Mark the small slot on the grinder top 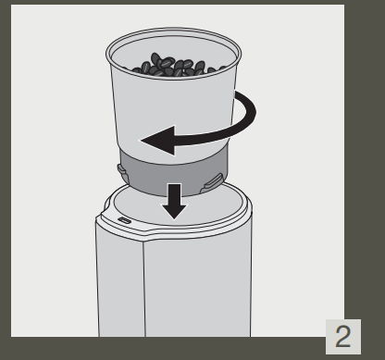(x=124, y=222)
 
